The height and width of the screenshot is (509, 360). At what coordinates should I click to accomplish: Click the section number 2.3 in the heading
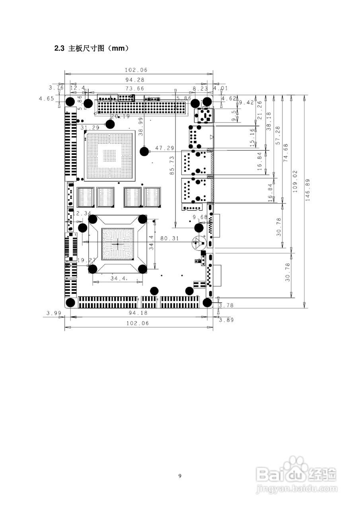point(59,49)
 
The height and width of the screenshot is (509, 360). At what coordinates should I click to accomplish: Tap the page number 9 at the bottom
point(180,476)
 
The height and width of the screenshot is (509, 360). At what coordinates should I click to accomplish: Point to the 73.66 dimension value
point(135,88)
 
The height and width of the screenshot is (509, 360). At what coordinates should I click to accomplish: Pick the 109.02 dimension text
point(295,182)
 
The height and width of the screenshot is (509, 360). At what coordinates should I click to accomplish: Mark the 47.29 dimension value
point(165,148)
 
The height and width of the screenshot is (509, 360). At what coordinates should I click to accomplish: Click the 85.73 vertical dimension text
point(172,165)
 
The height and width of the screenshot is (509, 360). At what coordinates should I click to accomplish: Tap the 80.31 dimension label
point(170,238)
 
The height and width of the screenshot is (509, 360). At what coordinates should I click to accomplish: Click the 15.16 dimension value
point(252,138)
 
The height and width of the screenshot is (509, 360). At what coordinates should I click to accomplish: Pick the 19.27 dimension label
point(86,260)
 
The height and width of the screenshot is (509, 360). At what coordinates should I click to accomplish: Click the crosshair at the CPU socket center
point(117,243)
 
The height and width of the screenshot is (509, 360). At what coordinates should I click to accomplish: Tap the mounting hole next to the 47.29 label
point(145,151)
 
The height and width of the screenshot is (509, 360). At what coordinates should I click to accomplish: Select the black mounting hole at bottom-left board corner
point(70,303)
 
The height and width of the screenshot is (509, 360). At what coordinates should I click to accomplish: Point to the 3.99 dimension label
point(53,313)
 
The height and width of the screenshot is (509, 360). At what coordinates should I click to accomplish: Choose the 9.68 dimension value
point(200,217)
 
